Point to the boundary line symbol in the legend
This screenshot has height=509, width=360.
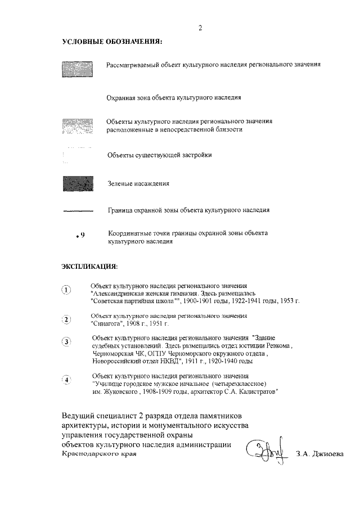tap(77, 211)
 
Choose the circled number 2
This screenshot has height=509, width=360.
tap(67, 320)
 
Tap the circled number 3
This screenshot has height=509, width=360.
tap(67, 341)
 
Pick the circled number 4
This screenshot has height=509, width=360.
tap(67, 380)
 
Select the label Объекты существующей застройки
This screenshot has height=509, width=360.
tap(160, 154)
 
